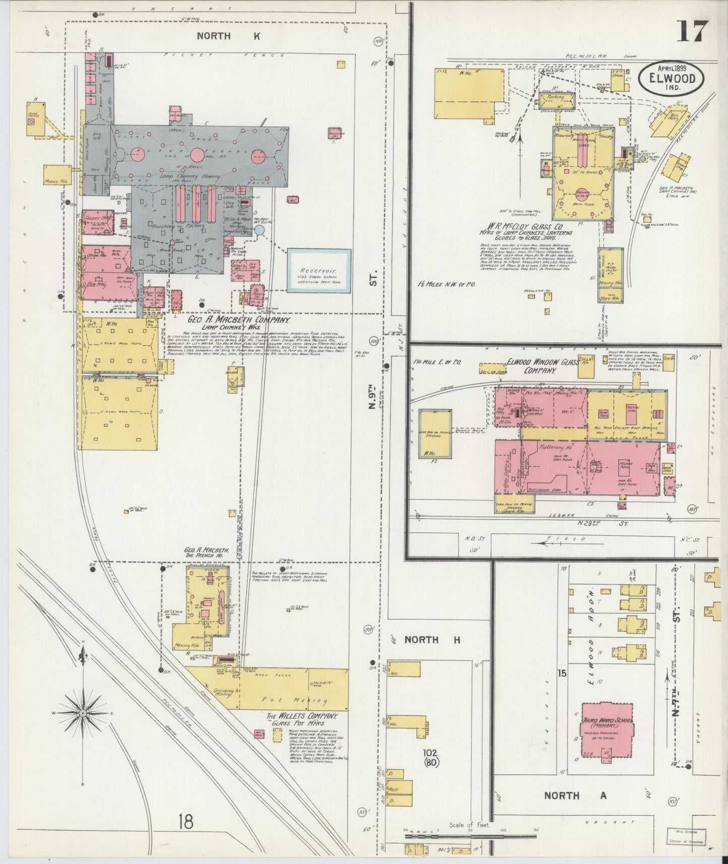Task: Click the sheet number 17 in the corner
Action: pyautogui.click(x=692, y=31)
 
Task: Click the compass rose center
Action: pyautogui.click(x=82, y=714)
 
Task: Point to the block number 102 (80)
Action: pyautogui.click(x=431, y=758)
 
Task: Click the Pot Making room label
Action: pyautogui.click(x=295, y=700)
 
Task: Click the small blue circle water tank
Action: pyautogui.click(x=259, y=230)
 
